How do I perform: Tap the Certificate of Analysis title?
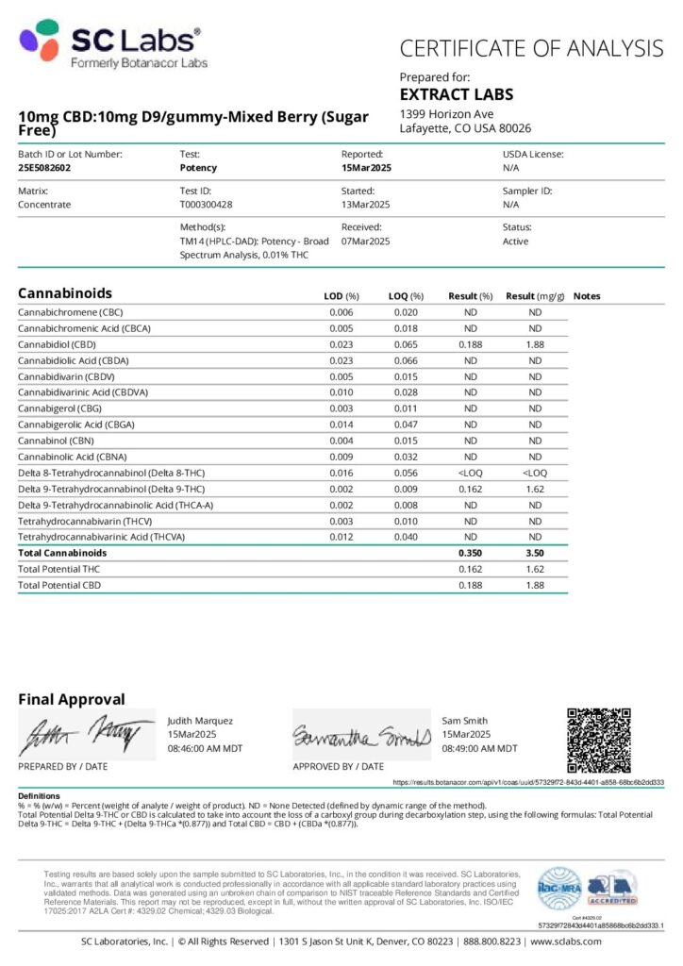[x=531, y=48]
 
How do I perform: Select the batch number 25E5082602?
[x=44, y=168]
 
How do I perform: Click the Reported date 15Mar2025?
[x=366, y=168]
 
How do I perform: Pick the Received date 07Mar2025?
[x=365, y=241]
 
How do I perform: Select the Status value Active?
[x=515, y=241]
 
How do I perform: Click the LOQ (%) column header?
[x=406, y=295]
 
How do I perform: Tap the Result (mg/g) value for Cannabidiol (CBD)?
[x=535, y=344]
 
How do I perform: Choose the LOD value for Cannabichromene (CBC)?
[x=341, y=312]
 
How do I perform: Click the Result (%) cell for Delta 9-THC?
[x=470, y=489]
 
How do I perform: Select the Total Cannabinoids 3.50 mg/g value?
[x=535, y=553]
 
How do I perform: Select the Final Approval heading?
[x=71, y=699]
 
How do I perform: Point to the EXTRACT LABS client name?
[x=457, y=94]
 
